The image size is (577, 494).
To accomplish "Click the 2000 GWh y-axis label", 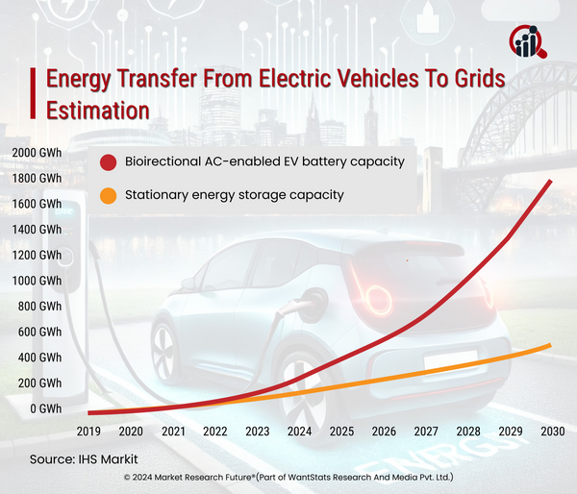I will (36, 154).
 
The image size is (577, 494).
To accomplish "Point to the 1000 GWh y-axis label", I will (36, 281).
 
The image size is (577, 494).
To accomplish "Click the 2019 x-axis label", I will (88, 432).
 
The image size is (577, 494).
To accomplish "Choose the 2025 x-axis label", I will (340, 432).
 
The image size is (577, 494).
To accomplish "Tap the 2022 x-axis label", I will (214, 432).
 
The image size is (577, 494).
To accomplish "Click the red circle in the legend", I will (109, 161).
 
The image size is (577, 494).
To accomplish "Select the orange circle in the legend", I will (109, 196).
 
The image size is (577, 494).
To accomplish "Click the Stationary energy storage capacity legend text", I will (235, 195).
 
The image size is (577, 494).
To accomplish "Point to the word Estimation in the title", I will (98, 111).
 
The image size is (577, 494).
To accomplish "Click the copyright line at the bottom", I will (288, 477).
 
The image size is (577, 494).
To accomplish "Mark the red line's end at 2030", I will (551, 181).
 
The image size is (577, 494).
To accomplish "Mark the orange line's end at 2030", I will (551, 344).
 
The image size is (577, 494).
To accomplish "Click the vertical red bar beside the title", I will (35, 94).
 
